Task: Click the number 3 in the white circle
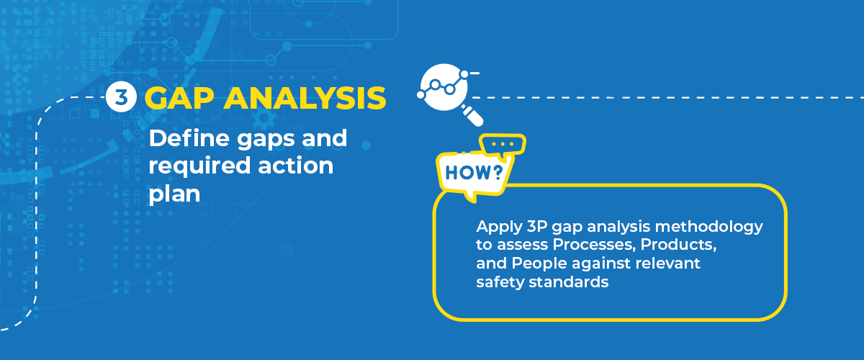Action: pyautogui.click(x=121, y=97)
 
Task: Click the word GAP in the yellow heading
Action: pyautogui.click(x=179, y=98)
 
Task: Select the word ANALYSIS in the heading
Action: pyautogui.click(x=305, y=98)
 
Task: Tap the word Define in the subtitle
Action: pyautogui.click(x=189, y=138)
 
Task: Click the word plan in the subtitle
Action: pyautogui.click(x=174, y=194)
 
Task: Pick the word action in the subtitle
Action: pyautogui.click(x=295, y=166)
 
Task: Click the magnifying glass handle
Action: pyautogui.click(x=473, y=115)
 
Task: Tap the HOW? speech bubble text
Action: pyautogui.click(x=474, y=173)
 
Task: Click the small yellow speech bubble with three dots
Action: pyautogui.click(x=503, y=145)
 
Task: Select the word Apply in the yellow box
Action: pyautogui.click(x=499, y=227)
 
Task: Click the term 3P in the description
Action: pyautogui.click(x=537, y=226)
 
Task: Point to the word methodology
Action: pyautogui.click(x=709, y=227)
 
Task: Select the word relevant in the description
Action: pyautogui.click(x=667, y=264)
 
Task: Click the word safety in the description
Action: pyautogui.click(x=500, y=283)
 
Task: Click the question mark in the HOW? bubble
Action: pyautogui.click(x=498, y=173)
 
